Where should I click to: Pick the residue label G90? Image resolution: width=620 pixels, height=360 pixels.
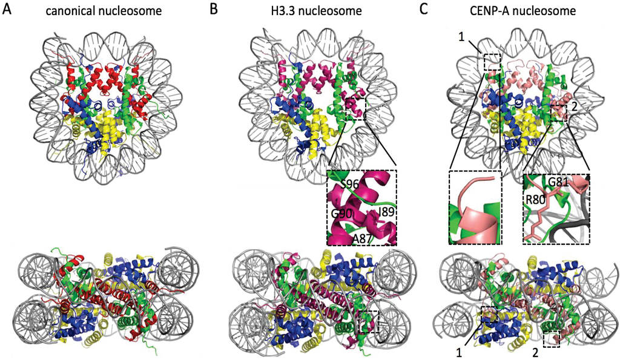coord(342,215)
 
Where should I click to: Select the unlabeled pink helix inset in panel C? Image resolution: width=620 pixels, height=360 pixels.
coord(475,207)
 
